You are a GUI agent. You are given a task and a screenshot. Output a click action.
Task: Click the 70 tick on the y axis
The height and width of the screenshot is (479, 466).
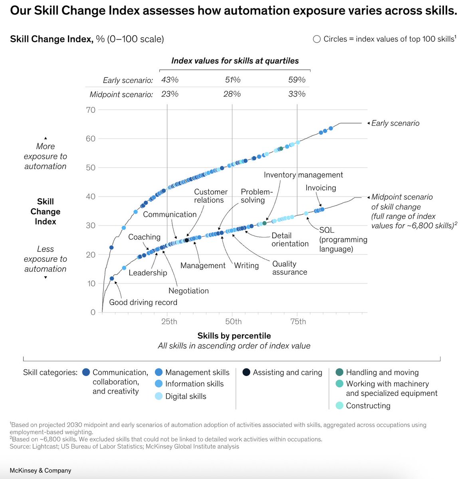91,110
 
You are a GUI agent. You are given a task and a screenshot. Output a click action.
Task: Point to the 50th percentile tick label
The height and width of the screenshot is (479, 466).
233,322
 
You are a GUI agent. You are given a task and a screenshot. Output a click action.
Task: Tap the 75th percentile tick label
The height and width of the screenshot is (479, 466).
298,322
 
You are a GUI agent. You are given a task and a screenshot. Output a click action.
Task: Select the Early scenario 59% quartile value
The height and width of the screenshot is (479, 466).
297,80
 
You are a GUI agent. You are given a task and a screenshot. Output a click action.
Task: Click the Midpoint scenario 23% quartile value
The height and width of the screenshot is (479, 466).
170,94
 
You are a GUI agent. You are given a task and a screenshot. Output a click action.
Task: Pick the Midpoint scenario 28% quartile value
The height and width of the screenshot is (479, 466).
232,94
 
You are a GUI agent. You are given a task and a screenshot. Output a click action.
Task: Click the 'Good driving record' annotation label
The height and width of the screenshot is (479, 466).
143,302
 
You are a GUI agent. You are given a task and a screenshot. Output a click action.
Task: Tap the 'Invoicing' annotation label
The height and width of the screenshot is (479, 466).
321,188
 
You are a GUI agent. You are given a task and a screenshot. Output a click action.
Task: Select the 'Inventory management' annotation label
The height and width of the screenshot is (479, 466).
303,175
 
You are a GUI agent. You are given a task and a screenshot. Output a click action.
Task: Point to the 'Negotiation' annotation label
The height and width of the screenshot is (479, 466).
188,291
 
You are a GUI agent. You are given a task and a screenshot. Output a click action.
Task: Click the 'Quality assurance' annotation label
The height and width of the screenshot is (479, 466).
290,268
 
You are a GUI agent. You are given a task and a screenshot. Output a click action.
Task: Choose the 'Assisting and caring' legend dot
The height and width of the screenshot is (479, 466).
246,372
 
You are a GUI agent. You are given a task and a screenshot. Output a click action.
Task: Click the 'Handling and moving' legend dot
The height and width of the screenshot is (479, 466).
339,372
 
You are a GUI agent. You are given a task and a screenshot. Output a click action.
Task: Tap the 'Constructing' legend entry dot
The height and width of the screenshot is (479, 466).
339,406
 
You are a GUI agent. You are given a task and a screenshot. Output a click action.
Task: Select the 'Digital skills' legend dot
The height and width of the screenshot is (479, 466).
159,396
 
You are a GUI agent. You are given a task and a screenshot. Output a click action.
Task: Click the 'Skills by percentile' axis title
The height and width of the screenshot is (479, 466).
234,336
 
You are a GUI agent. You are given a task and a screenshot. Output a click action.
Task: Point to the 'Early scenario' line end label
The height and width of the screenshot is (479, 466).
395,123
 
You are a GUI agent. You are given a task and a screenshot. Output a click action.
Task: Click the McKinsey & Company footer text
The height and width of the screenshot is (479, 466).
40,471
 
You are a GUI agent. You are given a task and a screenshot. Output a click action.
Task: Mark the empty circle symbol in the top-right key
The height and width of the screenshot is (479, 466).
317,39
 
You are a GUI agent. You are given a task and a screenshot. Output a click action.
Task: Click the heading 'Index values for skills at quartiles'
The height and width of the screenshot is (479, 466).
235,61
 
